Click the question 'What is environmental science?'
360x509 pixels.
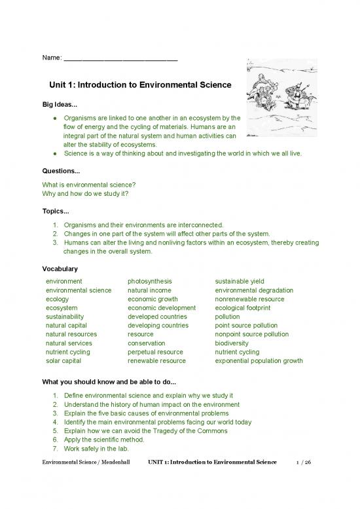click(88, 185)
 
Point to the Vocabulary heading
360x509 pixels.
click(60, 269)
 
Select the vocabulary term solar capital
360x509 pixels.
click(64, 360)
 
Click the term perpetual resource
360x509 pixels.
click(156, 352)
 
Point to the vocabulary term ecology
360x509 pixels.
click(58, 299)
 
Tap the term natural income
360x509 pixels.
click(149, 290)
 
